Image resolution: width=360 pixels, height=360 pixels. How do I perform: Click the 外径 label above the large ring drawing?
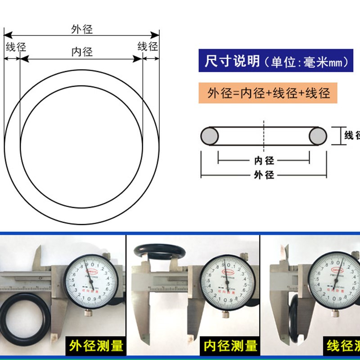82,29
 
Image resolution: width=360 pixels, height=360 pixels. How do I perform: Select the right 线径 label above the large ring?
148,46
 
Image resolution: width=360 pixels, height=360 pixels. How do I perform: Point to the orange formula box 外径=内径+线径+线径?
269,93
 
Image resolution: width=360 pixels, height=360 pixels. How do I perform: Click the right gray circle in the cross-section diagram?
318,136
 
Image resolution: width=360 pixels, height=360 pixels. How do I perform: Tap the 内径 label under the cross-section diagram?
264,161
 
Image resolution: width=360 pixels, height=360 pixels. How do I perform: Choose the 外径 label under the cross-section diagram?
264,175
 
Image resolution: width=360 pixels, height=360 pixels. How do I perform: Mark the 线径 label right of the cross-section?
352,135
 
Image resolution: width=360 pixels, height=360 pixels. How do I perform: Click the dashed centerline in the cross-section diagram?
264,135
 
